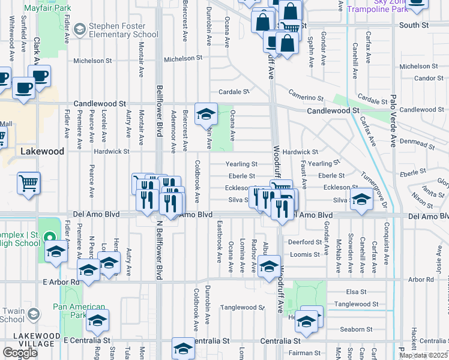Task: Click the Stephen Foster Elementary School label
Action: (123, 30)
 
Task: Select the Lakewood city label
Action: (42, 152)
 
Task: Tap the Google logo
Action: (20, 353)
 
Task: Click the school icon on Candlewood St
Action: (206, 113)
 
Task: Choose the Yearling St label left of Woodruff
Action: (241, 164)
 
